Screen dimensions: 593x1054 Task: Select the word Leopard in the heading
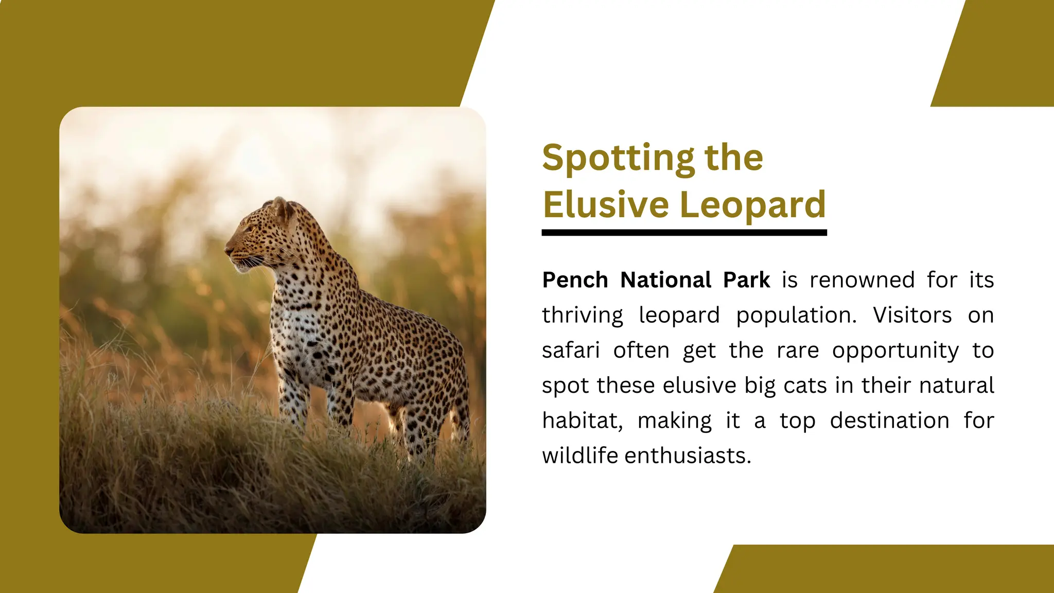click(752, 205)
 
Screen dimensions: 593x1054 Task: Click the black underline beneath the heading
click(684, 233)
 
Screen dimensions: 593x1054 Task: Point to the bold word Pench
click(575, 281)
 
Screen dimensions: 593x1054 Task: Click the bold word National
click(666, 281)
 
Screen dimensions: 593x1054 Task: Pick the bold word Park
click(746, 281)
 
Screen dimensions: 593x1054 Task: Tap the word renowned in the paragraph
click(862, 281)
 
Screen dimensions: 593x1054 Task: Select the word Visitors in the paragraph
click(912, 316)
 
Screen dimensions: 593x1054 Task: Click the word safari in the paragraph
click(571, 351)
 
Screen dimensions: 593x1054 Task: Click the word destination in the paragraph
click(889, 421)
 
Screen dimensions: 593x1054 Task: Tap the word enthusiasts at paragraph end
click(688, 456)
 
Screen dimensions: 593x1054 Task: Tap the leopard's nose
click(227, 250)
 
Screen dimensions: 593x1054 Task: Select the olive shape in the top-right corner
click(1004, 51)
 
